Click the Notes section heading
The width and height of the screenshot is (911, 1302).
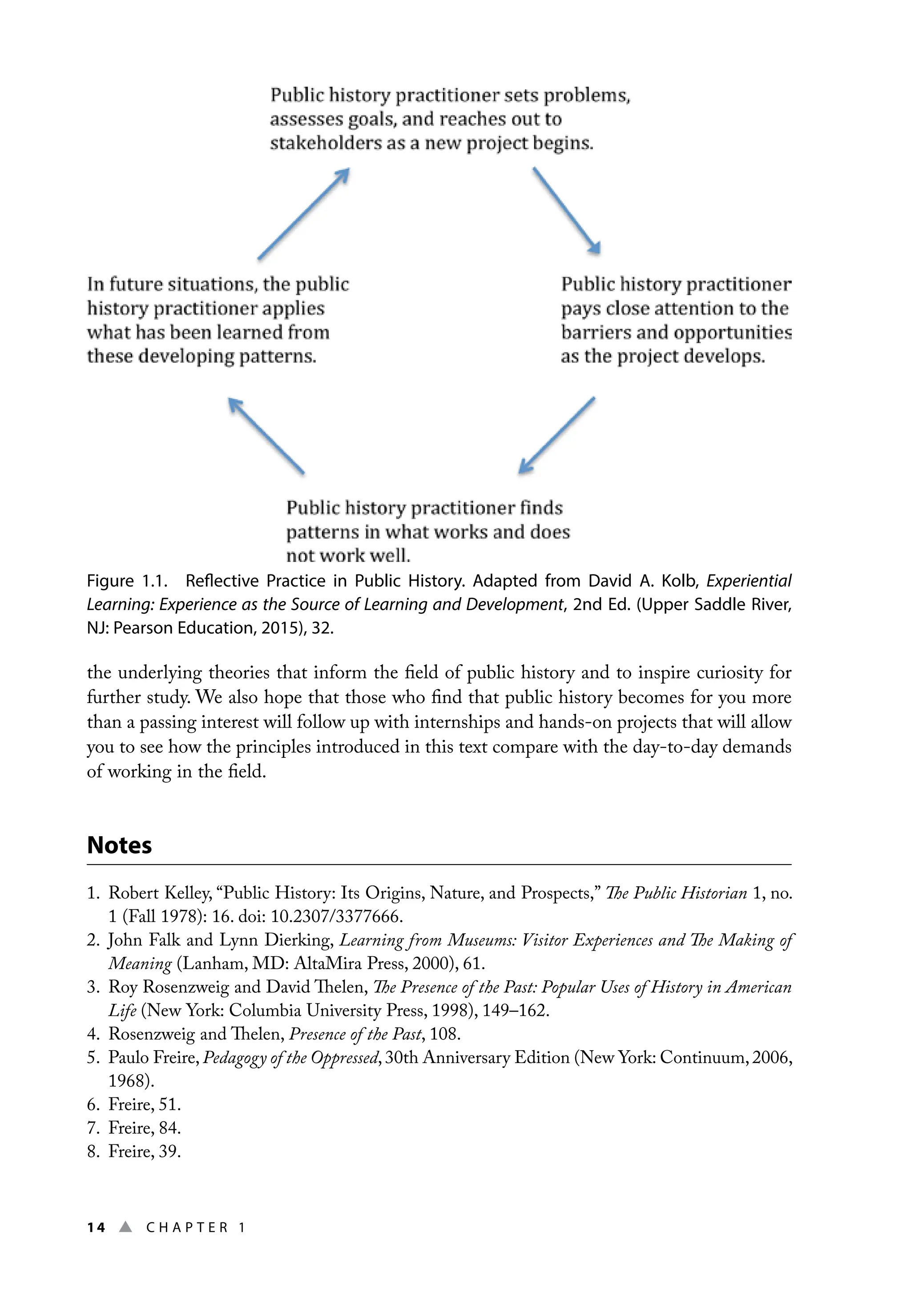(x=119, y=845)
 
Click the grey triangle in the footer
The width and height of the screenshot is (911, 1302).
(x=126, y=1227)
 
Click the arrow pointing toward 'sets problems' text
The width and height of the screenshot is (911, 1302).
(x=304, y=214)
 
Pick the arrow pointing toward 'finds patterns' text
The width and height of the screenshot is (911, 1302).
(x=556, y=435)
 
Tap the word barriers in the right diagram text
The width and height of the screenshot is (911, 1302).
(x=596, y=332)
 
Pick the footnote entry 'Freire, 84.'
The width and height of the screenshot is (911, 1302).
(x=144, y=1128)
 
